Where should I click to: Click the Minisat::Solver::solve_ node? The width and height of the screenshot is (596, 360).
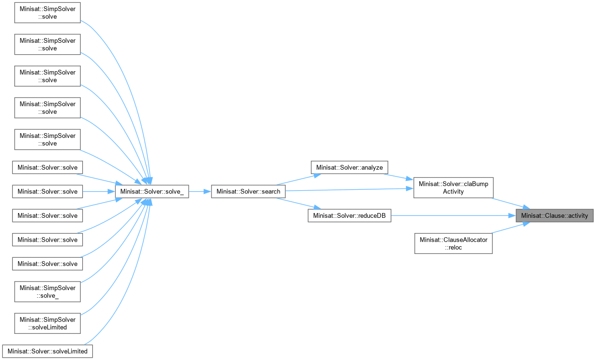click(152, 192)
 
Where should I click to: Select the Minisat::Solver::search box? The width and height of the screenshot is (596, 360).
click(248, 192)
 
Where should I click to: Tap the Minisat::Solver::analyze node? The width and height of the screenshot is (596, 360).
click(349, 167)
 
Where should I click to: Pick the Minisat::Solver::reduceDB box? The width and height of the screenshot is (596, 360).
click(349, 216)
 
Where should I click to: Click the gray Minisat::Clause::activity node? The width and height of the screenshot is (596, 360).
click(555, 216)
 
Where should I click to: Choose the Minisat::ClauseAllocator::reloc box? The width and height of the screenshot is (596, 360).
click(453, 243)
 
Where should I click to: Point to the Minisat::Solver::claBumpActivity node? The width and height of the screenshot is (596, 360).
click(453, 188)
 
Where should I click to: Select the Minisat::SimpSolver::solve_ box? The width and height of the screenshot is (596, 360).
click(48, 292)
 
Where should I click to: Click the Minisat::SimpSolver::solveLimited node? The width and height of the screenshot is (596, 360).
click(48, 323)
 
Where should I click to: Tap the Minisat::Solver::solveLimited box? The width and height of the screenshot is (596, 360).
click(48, 351)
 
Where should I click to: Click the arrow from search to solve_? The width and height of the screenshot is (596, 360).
click(200, 192)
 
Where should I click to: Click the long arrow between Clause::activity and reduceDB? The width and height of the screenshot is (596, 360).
click(452, 216)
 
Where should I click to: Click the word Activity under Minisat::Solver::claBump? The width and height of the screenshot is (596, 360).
click(453, 192)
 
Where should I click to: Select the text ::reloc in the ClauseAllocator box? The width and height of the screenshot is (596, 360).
click(453, 248)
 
